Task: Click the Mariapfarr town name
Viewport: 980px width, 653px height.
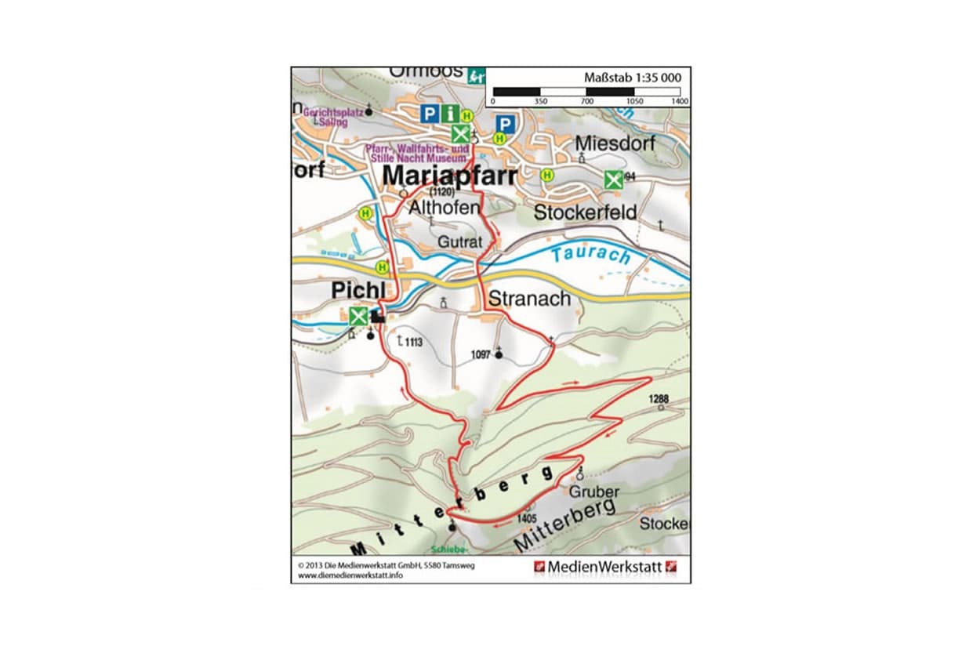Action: (x=448, y=176)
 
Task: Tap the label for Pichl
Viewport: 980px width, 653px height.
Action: (x=358, y=290)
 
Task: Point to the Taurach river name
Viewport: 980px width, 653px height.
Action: (x=590, y=255)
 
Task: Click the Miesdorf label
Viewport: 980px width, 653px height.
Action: (x=615, y=143)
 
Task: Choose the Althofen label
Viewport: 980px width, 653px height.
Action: (x=443, y=208)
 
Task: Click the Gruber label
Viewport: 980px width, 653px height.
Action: (x=594, y=492)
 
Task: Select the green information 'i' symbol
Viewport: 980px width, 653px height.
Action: (x=449, y=114)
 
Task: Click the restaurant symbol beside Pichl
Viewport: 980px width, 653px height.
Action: (x=358, y=317)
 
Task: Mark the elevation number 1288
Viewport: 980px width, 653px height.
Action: (x=659, y=398)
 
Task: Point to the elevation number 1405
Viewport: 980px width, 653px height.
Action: (x=527, y=518)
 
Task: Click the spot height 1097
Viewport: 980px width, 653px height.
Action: (x=481, y=355)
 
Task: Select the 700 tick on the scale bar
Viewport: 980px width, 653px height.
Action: (x=586, y=102)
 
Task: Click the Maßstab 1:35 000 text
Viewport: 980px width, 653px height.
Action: (x=632, y=78)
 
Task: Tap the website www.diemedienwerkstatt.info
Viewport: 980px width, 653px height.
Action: (x=350, y=575)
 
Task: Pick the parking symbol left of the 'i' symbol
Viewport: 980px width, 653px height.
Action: (x=429, y=114)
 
